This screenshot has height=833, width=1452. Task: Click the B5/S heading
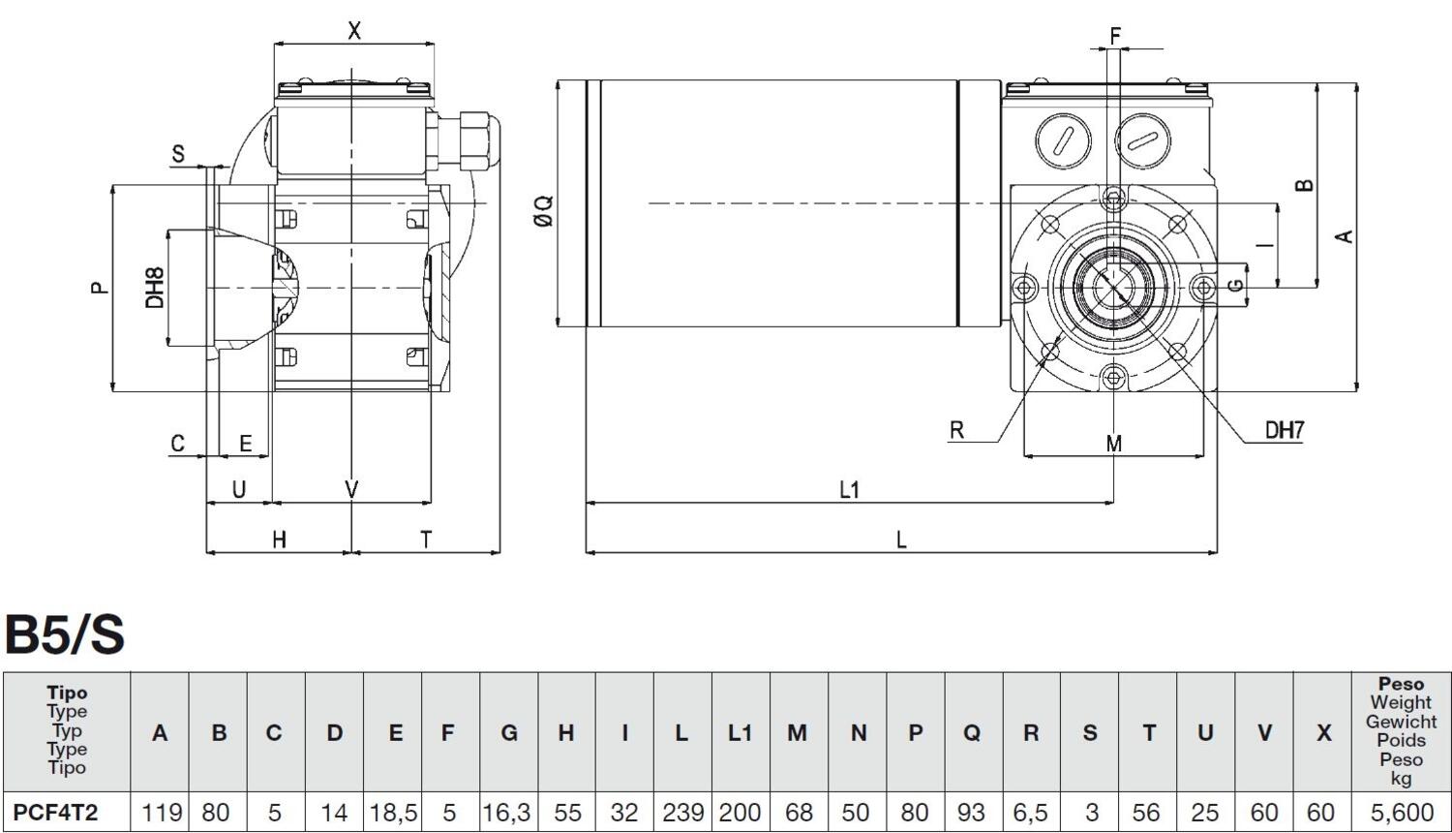pos(65,634)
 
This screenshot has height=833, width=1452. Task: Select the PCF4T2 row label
pos(56,812)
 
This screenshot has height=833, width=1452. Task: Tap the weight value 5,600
pos(1400,812)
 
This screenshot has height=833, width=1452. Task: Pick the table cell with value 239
pos(682,812)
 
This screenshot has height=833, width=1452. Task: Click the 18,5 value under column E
pos(393,812)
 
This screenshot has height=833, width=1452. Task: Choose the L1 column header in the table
pos(741,733)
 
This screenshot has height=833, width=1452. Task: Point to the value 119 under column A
pos(161,812)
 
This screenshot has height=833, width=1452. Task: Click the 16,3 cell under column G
pos(508,812)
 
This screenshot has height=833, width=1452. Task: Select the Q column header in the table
pos(972,733)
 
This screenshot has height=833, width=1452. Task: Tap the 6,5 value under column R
pos(1030,812)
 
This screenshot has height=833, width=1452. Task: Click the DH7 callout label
pos(1285,430)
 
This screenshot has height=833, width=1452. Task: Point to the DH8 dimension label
pos(155,288)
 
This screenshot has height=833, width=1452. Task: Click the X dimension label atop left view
pos(354,31)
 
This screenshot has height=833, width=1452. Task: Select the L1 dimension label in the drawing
pos(849,490)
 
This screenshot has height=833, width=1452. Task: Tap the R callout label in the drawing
pos(956,430)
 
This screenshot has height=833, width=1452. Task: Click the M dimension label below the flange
pos(1114,444)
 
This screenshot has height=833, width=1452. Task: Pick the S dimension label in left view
pos(178,154)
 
